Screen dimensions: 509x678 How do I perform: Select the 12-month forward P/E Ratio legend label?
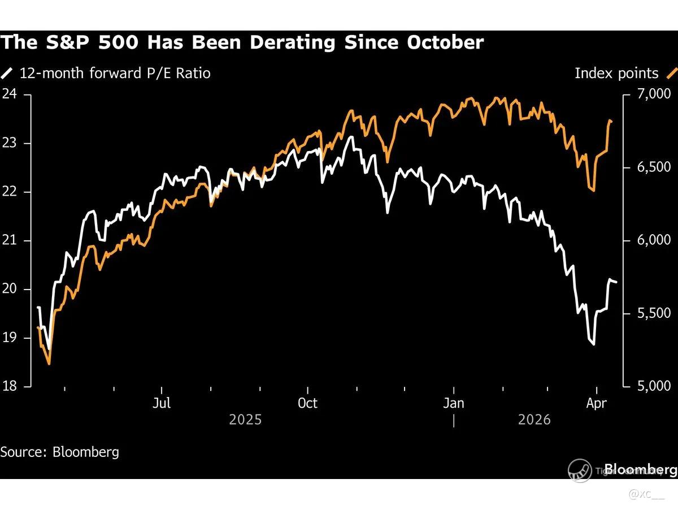tap(115, 73)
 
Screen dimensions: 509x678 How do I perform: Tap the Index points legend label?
tap(616, 73)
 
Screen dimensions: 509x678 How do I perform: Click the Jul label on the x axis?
tap(162, 403)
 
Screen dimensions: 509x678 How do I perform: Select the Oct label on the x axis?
tap(307, 403)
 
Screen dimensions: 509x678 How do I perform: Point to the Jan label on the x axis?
tap(454, 403)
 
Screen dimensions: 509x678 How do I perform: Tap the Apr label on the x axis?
tap(597, 403)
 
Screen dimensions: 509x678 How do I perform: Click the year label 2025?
tap(245, 420)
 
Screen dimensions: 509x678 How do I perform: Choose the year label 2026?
tap(534, 420)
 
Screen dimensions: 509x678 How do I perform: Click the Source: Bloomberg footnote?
tap(59, 452)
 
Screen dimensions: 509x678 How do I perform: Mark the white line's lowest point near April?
tap(593, 344)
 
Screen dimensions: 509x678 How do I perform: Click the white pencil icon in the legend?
tap(7, 73)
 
